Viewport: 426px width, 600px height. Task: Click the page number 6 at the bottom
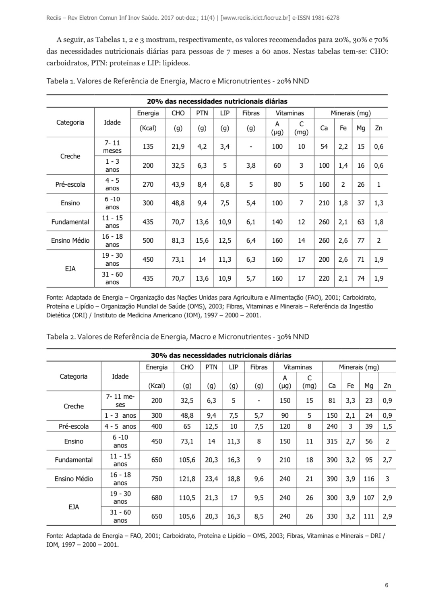coord(387,585)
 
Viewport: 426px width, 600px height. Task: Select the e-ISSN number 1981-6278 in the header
coord(324,18)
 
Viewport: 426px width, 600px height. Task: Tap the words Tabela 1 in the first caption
coord(60,81)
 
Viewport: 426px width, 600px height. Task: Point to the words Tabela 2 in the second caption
coord(60,336)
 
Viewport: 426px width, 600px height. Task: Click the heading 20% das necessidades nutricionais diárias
coord(217,101)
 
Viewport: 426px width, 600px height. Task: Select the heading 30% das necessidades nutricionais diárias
coord(221,355)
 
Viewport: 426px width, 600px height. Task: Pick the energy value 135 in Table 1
coord(148,147)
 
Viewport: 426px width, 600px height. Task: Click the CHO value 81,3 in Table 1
coord(178,240)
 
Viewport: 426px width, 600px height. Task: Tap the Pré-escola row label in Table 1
coord(70,184)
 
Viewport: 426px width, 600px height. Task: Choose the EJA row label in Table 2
coord(74,507)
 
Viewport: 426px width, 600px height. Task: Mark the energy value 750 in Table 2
coord(157,479)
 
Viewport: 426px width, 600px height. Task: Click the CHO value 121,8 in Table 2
coord(187,479)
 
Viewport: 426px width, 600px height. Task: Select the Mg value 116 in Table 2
coord(369,479)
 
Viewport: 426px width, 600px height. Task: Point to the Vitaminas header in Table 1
coord(290,113)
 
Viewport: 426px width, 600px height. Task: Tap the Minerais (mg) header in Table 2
coord(359,367)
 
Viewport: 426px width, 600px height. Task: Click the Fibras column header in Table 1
coord(251,113)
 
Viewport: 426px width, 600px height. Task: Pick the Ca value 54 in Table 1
coord(324,147)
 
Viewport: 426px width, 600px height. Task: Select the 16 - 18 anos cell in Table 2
coord(120,479)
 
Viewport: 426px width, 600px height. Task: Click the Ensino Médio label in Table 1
coord(70,240)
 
